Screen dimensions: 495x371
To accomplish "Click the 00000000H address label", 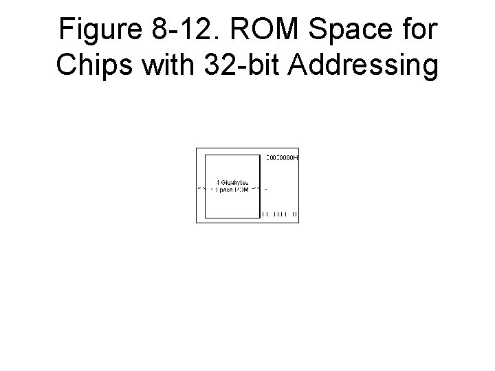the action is point(282,158).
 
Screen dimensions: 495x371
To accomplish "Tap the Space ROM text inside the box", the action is point(232,189).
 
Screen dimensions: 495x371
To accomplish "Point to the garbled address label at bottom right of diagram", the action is point(280,215).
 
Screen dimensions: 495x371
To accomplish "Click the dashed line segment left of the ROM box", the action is point(201,188).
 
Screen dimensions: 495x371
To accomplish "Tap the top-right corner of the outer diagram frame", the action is point(299,148).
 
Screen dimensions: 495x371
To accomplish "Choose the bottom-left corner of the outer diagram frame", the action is point(197,223).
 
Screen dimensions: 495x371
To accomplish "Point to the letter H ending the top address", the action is point(296,158).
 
